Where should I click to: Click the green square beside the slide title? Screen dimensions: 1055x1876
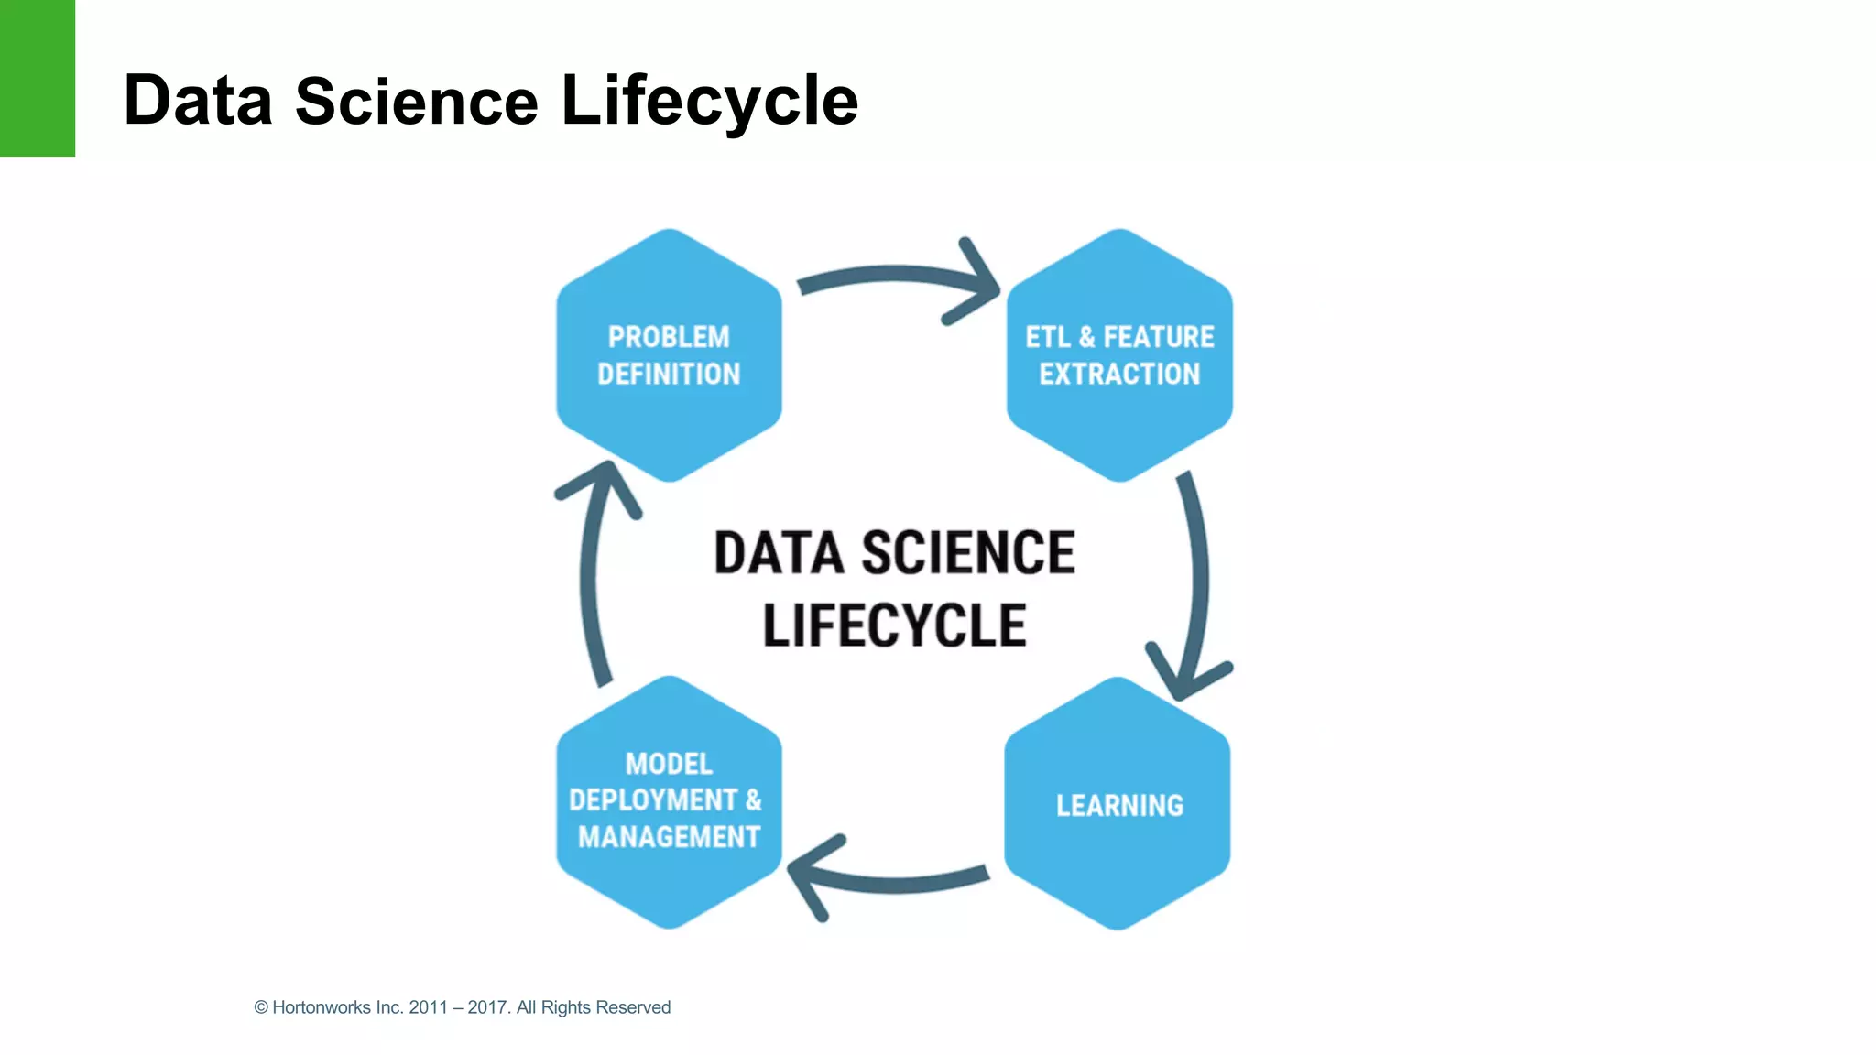click(x=37, y=78)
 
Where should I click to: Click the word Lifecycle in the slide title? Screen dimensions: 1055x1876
click(x=709, y=101)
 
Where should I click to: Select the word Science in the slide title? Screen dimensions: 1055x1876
click(x=416, y=101)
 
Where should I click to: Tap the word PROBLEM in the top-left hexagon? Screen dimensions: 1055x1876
click(x=669, y=337)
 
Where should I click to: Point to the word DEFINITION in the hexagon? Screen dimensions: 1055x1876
click(x=669, y=374)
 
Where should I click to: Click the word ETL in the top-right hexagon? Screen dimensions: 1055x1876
click(x=1047, y=337)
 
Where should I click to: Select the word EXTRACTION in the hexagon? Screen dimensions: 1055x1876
click(x=1119, y=374)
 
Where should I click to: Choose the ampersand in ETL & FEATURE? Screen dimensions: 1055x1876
click(x=1087, y=337)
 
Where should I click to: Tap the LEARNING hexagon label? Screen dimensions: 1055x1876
click(x=1119, y=805)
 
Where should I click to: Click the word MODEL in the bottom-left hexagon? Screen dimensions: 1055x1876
click(x=669, y=764)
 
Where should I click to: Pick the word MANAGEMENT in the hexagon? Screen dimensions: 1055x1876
click(x=669, y=836)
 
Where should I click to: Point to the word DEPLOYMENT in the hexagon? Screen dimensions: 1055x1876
click(x=653, y=799)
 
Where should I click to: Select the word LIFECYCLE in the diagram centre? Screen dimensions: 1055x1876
click(x=894, y=625)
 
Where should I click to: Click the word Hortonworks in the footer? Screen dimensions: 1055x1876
click(x=322, y=1007)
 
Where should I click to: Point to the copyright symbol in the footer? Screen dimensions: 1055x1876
click(x=261, y=1007)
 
